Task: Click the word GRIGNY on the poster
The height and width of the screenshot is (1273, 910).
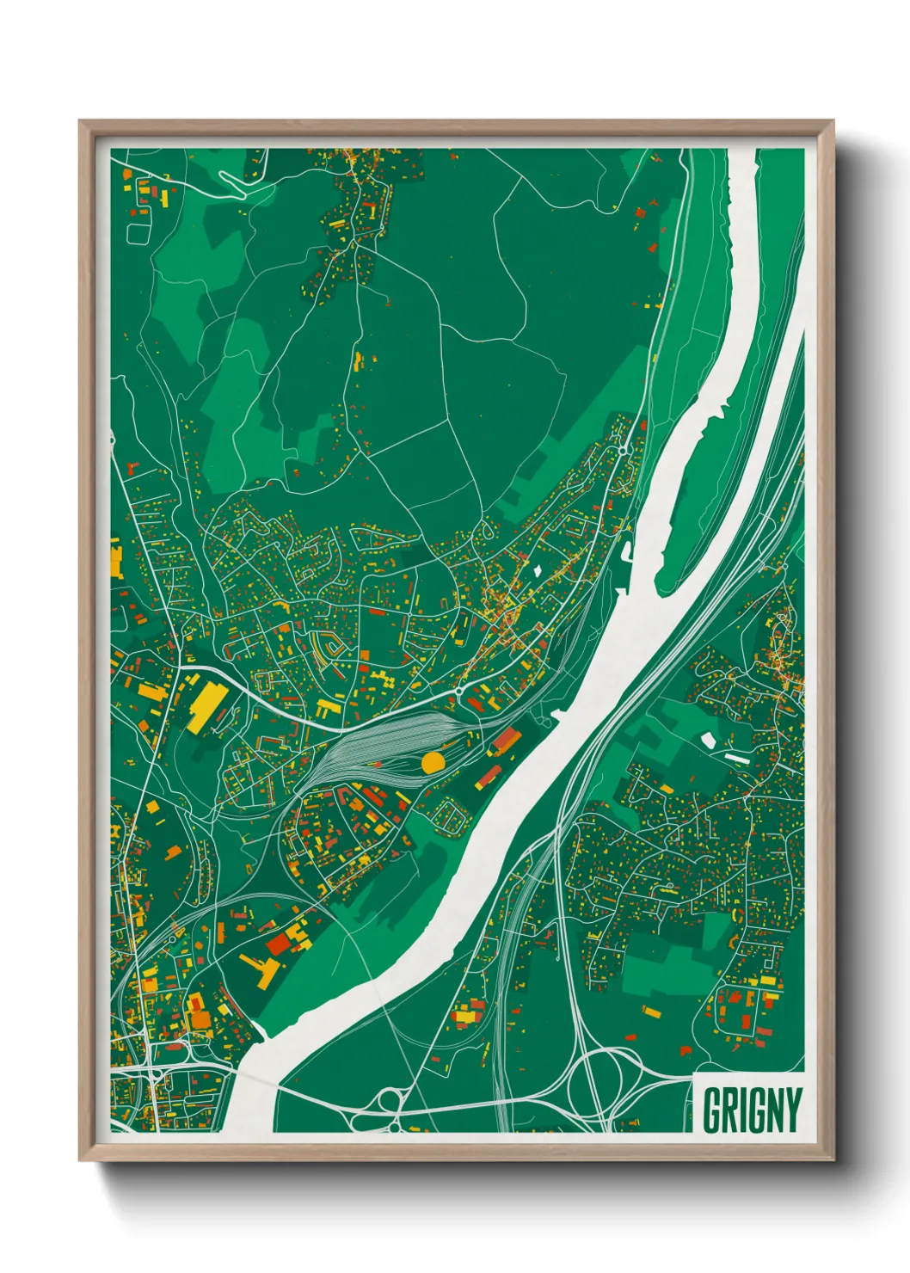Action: [751, 1110]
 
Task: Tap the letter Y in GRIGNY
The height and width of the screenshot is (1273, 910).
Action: [792, 1110]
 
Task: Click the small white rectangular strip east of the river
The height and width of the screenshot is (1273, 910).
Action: [737, 758]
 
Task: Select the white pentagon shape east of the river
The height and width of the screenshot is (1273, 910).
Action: [709, 739]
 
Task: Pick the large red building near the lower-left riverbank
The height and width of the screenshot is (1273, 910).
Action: [279, 944]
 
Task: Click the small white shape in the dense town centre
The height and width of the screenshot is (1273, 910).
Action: [537, 569]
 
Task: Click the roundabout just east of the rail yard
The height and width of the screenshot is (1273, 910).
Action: [458, 691]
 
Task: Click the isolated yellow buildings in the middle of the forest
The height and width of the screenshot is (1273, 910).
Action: [357, 360]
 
